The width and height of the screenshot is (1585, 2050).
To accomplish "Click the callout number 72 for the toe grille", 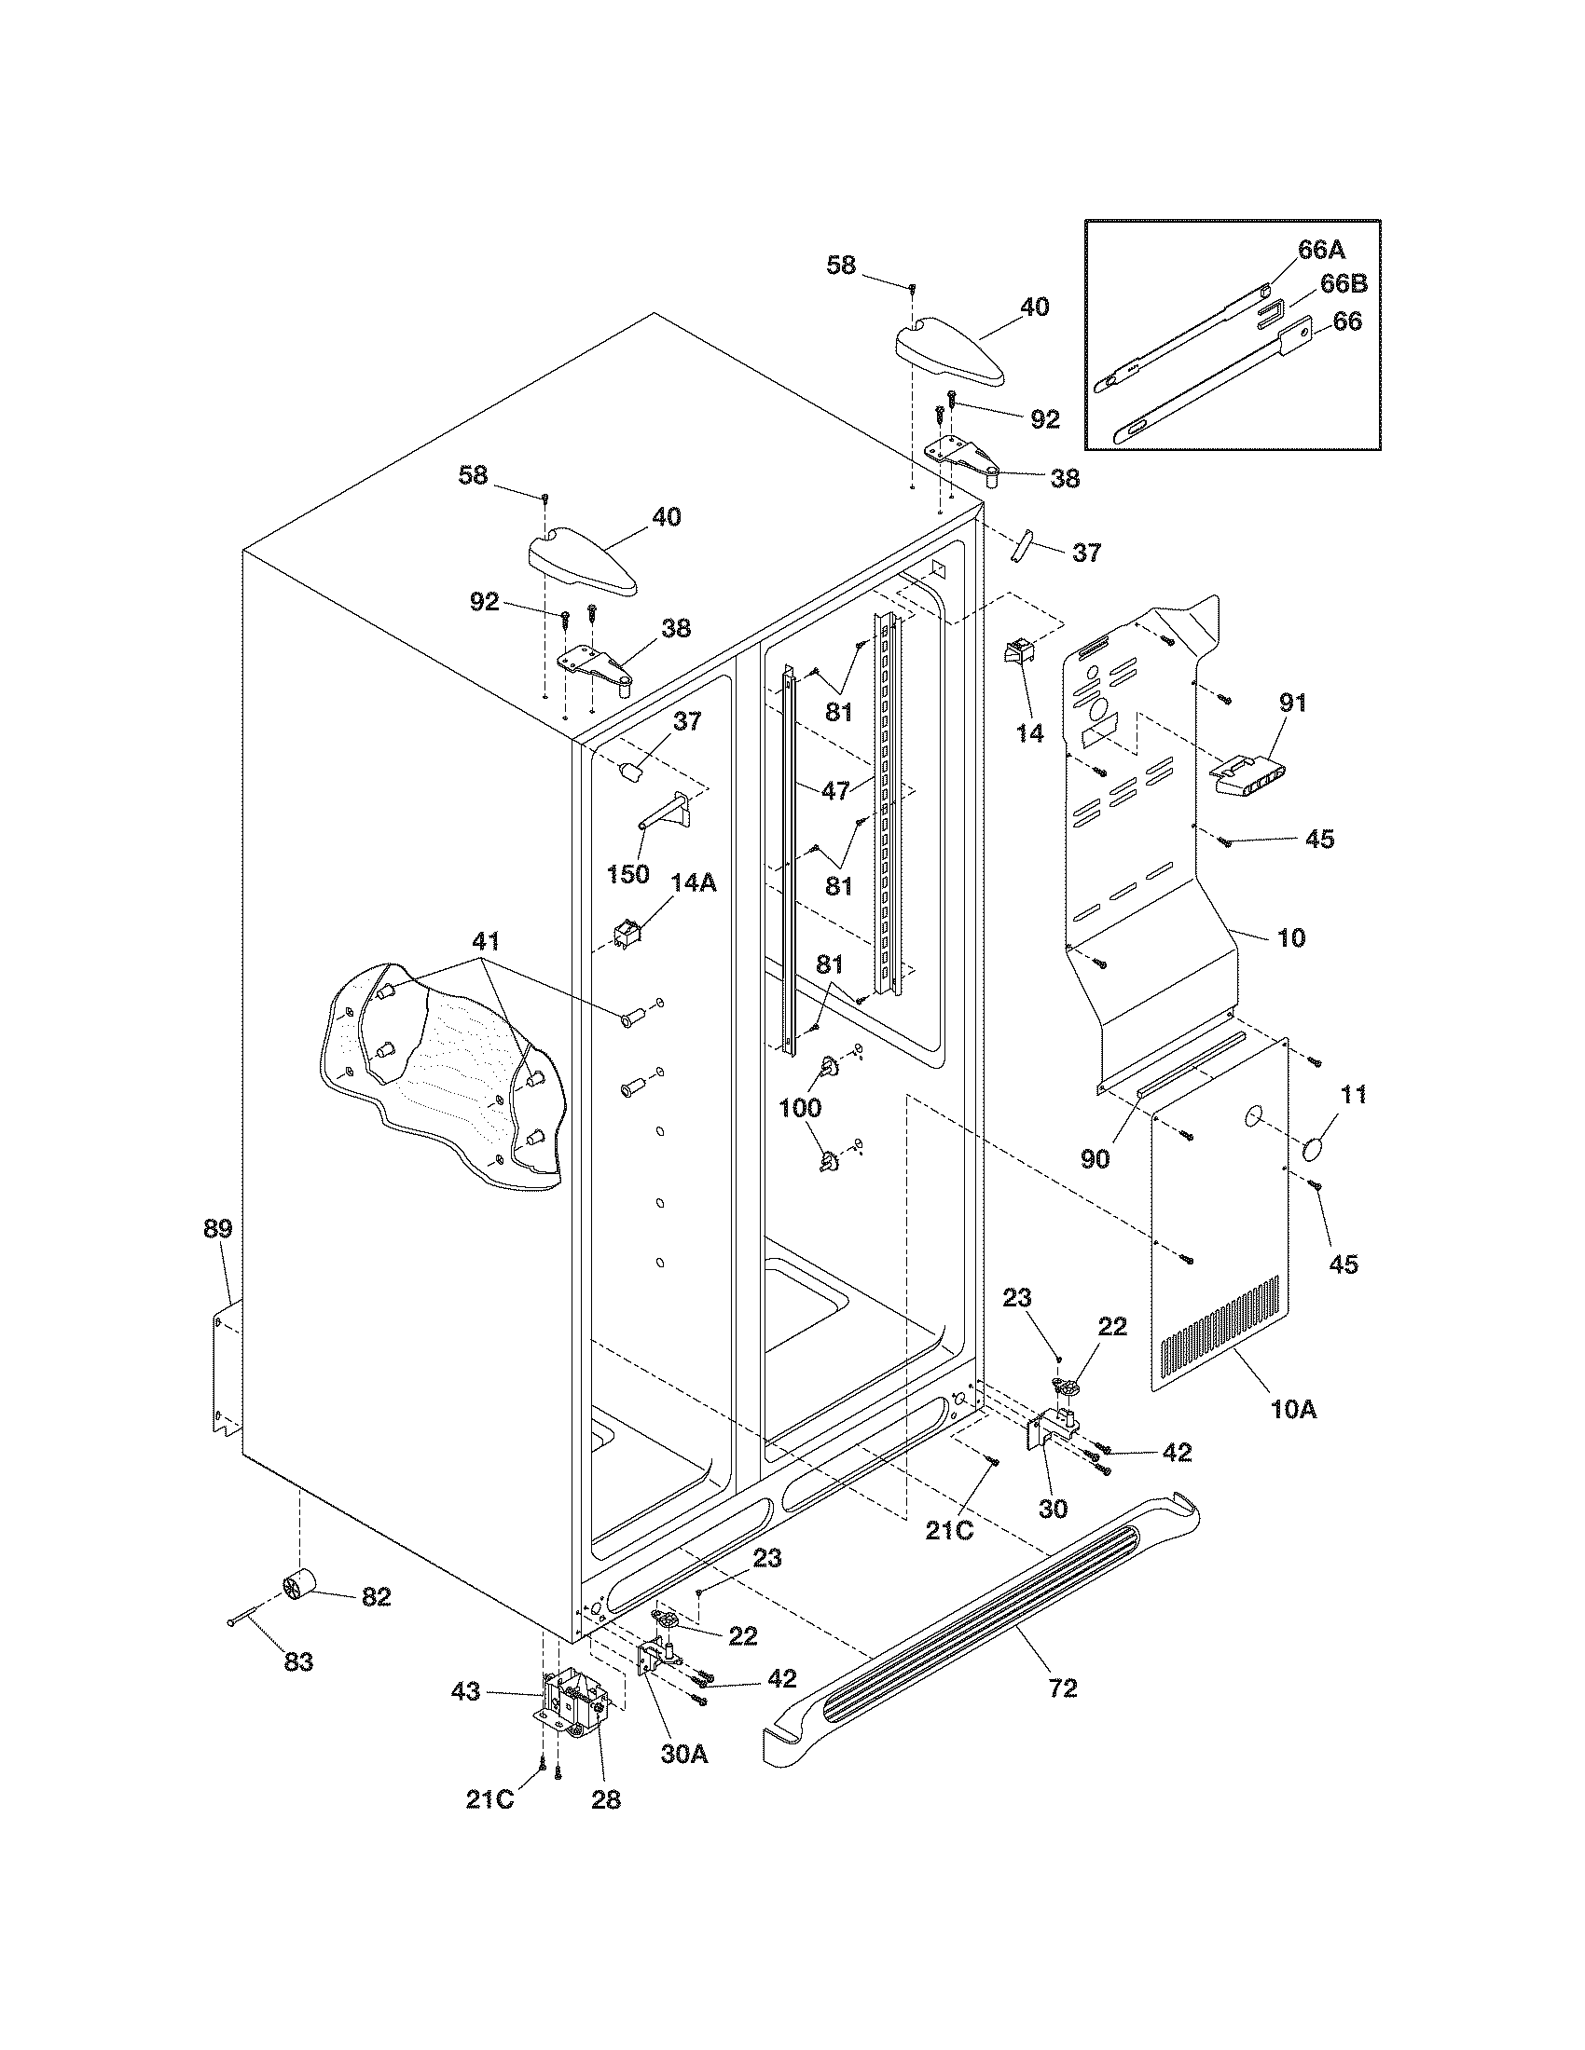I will tap(1063, 1688).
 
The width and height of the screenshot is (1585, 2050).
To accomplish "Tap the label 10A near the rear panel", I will tap(1293, 1434).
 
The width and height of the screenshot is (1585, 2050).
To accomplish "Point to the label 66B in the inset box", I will tap(1344, 284).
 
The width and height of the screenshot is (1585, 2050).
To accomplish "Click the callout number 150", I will tap(628, 874).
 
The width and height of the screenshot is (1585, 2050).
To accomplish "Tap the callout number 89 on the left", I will tap(218, 1228).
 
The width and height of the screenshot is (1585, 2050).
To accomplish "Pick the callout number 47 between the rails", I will tap(834, 790).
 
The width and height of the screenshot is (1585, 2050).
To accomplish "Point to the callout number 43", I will tap(466, 1691).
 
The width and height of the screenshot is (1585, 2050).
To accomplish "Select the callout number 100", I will tap(800, 1108).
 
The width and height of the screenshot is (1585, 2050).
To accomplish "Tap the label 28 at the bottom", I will tap(606, 1800).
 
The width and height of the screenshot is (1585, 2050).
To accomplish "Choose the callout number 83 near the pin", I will tap(298, 1661).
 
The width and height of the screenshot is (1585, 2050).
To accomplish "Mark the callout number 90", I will tap(1095, 1158).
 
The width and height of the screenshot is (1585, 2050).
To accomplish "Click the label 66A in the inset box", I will tap(1321, 250).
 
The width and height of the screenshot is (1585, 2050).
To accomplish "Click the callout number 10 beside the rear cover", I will tap(1292, 936).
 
